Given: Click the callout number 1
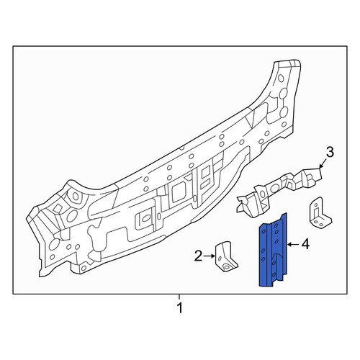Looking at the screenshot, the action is tap(179, 308).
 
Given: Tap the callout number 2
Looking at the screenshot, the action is tap(198, 256).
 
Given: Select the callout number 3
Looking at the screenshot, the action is tap(330, 153).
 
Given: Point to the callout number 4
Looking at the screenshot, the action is tap(305, 245).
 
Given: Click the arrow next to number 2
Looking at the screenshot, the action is tap(210, 256).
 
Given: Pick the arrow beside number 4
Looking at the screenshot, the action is tap(293, 245).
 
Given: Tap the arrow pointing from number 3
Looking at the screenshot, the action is tap(323, 163).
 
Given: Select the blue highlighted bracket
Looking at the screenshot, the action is tap(273, 251).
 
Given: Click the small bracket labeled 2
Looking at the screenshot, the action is tap(225, 257).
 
